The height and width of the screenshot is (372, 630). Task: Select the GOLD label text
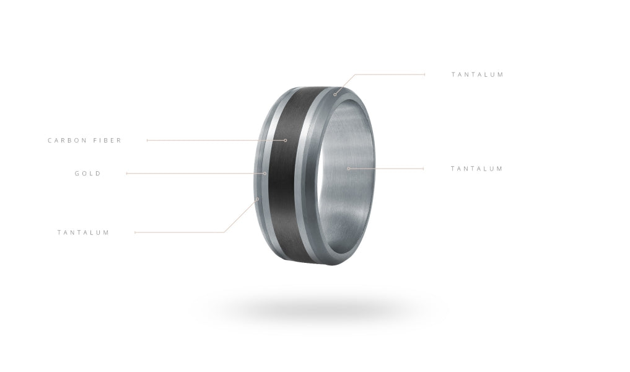tap(88, 174)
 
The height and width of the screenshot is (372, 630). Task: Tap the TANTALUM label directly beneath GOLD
tap(83, 232)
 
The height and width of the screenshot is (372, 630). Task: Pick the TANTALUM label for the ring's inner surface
tap(476, 169)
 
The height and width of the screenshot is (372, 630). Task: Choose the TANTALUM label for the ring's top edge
tap(478, 74)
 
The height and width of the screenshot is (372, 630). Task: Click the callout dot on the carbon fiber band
tap(286, 140)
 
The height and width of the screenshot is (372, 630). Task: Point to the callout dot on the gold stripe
tap(265, 174)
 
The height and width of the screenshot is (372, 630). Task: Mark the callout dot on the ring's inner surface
tap(348, 169)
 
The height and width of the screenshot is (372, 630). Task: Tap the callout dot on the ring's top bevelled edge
tap(335, 94)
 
